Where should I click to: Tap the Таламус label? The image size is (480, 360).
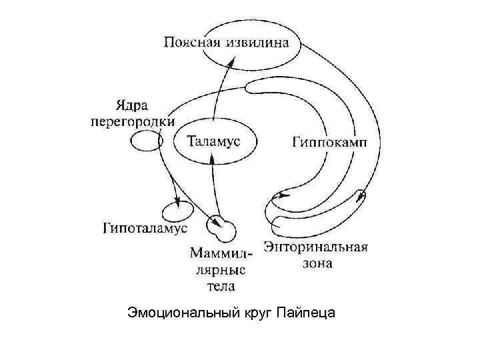click(213, 141)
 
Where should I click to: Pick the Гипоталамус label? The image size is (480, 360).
click(145, 229)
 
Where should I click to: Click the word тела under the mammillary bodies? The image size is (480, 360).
click(218, 285)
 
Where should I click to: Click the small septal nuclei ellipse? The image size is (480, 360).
click(143, 141)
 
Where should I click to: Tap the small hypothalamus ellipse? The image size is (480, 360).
click(178, 213)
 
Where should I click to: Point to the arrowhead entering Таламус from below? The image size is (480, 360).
click(212, 159)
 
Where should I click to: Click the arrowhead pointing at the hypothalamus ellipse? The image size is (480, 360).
click(177, 201)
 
